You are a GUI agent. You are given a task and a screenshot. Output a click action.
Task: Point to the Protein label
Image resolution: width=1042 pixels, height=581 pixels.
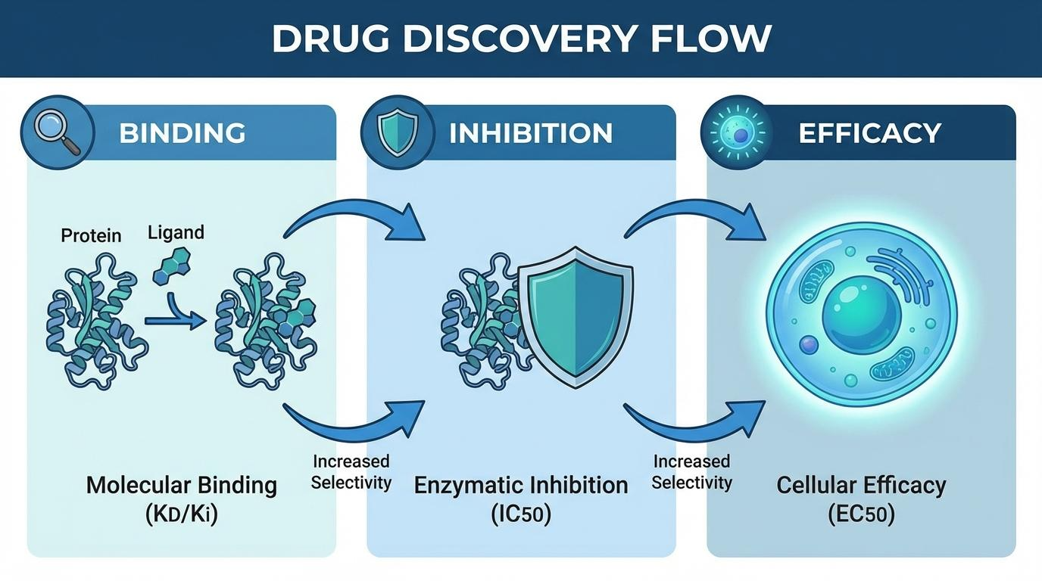pos(91,235)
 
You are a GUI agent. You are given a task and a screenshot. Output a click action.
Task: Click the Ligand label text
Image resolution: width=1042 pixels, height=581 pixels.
pos(176,232)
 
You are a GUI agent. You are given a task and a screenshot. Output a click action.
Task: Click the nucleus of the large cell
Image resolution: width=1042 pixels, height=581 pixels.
pos(861,313)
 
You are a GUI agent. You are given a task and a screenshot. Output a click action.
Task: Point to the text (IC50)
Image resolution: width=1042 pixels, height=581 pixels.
pos(521,515)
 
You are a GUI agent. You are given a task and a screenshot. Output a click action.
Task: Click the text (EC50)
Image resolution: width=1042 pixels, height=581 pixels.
pos(861,515)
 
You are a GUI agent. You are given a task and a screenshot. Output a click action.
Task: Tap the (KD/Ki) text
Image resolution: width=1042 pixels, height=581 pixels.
pos(181,515)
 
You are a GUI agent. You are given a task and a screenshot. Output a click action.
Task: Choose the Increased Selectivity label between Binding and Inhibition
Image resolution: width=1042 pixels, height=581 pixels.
pos(351,472)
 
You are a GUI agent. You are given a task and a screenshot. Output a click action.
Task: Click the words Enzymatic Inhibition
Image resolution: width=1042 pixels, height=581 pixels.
pos(521,485)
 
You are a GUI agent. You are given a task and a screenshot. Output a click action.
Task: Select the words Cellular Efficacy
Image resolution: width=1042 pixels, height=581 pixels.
pos(861,485)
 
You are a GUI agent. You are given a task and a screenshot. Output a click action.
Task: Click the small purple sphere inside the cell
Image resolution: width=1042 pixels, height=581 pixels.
pos(809,346)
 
